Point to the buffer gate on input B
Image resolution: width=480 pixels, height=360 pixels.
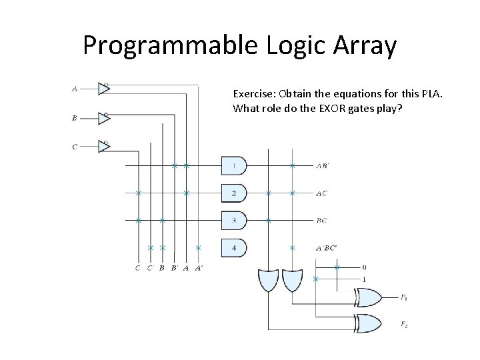pos(103,117)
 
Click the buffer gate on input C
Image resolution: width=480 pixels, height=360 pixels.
pos(103,146)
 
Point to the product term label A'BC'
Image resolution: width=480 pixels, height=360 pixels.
pos(326,248)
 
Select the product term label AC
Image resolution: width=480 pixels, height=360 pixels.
pos(321,193)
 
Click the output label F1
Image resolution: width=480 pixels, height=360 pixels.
pos(405,298)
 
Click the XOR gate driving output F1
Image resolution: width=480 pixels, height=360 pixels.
pos(369,297)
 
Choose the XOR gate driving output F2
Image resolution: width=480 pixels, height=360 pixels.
pos(369,322)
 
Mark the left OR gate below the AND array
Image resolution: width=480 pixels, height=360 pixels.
pos(268,280)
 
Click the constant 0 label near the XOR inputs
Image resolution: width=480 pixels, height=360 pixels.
pos(363,267)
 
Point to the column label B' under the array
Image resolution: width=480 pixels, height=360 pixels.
pos(174,268)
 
